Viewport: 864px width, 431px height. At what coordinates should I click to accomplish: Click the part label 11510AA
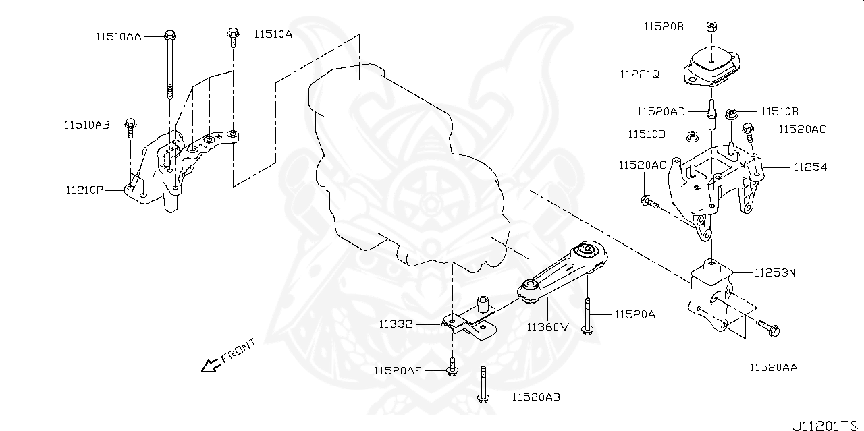point(118,37)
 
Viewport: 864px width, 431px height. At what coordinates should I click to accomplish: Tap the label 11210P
point(84,191)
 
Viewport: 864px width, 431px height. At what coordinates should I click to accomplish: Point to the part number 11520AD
point(661,110)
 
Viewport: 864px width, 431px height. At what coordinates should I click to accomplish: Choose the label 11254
point(810,167)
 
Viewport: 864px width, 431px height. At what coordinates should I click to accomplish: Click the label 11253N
point(776,273)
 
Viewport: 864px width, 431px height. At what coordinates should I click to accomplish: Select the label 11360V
point(548,327)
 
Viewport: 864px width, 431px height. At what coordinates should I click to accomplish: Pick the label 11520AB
point(536,397)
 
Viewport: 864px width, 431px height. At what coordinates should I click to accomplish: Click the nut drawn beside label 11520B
point(712,26)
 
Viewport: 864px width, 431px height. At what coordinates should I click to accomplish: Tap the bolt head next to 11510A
point(232,32)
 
